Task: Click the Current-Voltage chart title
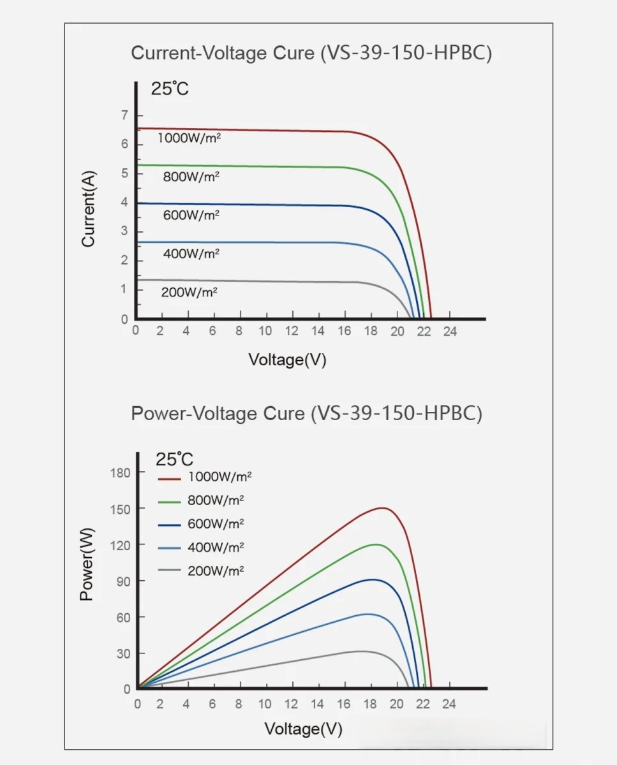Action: tap(311, 53)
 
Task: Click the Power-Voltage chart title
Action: tap(306, 414)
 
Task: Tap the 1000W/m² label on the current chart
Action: tap(190, 138)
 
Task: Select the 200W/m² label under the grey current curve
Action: tap(190, 292)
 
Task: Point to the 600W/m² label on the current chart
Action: tap(191, 215)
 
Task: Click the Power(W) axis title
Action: tap(87, 564)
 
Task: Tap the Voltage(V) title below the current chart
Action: tap(287, 360)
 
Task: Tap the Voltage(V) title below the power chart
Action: tap(303, 729)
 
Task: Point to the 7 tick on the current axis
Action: tap(124, 115)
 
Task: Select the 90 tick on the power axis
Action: tap(124, 581)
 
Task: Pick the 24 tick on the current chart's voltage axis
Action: tap(450, 331)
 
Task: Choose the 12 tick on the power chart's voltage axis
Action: tap(292, 704)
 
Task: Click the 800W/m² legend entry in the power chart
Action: tap(216, 500)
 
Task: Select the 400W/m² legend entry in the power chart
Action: tap(216, 548)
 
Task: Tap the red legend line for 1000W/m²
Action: tap(170, 477)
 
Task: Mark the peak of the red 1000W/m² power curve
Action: tap(382, 507)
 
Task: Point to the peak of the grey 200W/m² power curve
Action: tap(361, 651)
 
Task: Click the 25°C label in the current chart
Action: tap(170, 89)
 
